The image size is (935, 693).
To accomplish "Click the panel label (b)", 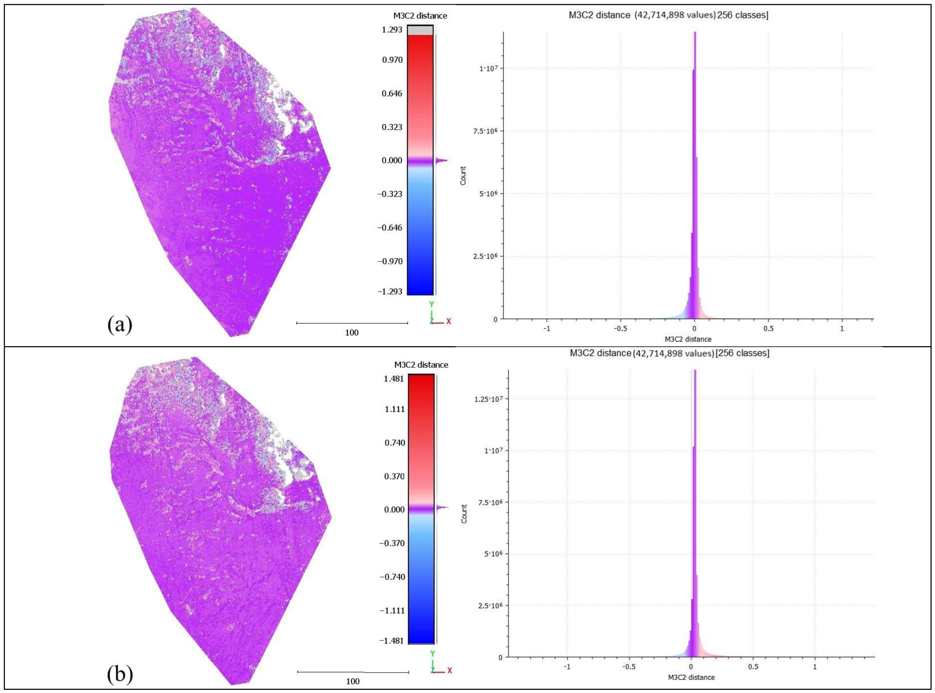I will pos(120,674).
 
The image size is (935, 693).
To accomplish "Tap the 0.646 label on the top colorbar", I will pos(392,93).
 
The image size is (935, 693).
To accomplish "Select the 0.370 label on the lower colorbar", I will pos(395,476).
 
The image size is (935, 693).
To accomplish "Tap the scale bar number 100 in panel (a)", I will pos(352,333).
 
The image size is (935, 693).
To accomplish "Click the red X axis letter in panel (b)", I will pos(449,670).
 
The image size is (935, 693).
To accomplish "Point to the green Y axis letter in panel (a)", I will pos(431,304).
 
